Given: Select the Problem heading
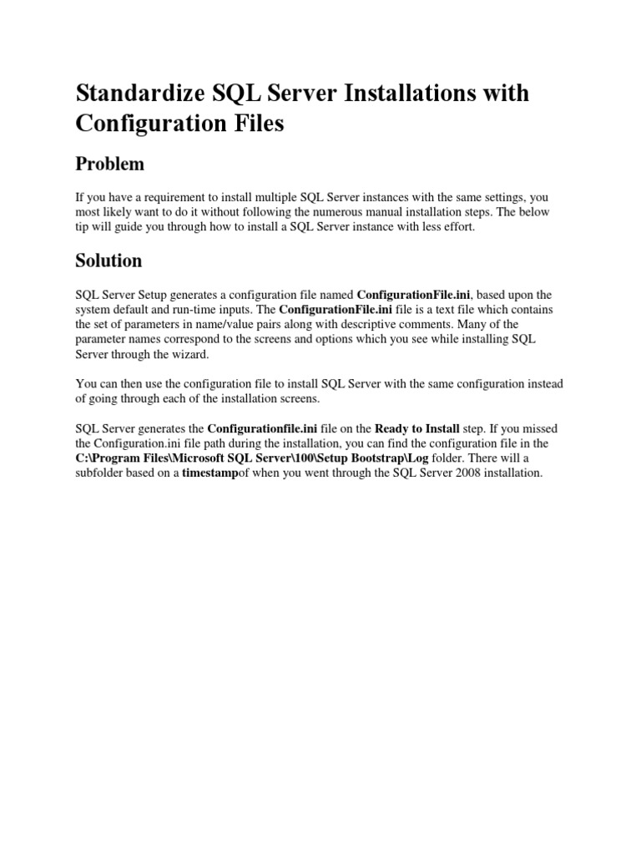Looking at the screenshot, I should click(109, 164).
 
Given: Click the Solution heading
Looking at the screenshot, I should click(109, 260).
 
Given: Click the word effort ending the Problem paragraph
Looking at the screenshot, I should click(456, 227).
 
